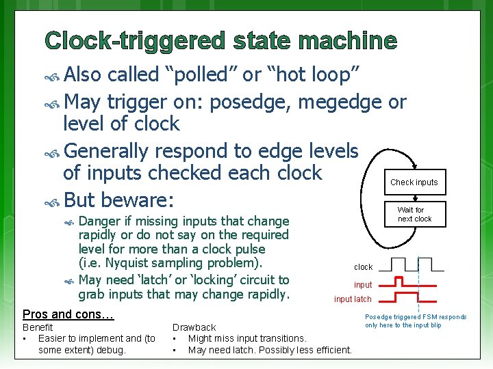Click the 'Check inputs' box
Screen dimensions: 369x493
pyautogui.click(x=414, y=182)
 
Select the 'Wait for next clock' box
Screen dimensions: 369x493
pyautogui.click(x=414, y=215)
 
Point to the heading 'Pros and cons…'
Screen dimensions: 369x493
pyautogui.click(x=68, y=314)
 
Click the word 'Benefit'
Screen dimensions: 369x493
pyautogui.click(x=38, y=327)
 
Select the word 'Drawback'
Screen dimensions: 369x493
pyautogui.click(x=194, y=327)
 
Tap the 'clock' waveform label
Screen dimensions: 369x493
pyautogui.click(x=363, y=267)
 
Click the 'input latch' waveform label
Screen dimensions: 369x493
pyautogui.click(x=353, y=299)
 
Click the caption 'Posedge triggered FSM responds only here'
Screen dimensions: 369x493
pyautogui.click(x=416, y=320)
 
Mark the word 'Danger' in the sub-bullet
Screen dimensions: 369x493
pyautogui.click(x=97, y=221)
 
